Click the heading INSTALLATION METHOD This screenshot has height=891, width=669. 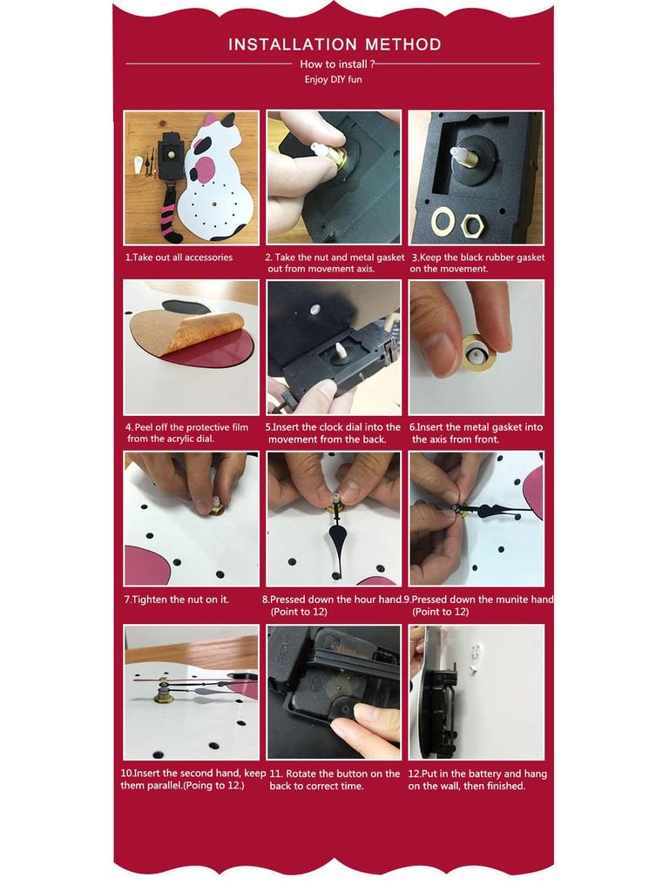[x=334, y=44]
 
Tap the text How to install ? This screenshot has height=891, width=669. [x=337, y=64]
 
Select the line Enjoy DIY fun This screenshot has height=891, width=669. [x=334, y=79]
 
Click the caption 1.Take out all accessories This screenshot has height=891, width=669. [x=179, y=258]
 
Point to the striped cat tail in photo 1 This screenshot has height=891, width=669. [x=170, y=218]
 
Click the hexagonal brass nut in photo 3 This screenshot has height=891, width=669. [x=474, y=224]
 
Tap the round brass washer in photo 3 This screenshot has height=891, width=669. [x=443, y=220]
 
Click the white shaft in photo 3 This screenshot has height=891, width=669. [x=460, y=155]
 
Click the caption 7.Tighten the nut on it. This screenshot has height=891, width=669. [x=176, y=600]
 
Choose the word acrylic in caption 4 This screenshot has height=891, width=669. [x=181, y=439]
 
